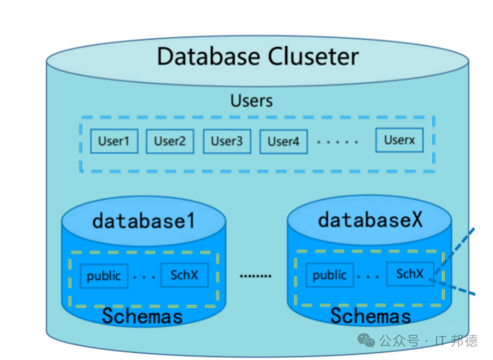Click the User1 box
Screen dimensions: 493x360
tap(114, 141)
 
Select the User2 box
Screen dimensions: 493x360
tap(170, 141)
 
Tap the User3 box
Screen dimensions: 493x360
tap(227, 141)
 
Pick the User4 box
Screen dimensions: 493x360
tap(283, 141)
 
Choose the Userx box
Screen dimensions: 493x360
tap(399, 140)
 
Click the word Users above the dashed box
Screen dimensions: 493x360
tap(252, 101)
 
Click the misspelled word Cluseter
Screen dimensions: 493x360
tap(313, 56)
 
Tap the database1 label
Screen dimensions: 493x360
tap(144, 221)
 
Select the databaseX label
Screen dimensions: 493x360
tap(370, 219)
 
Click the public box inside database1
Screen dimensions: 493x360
tap(104, 276)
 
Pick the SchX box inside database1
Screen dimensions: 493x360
tap(184, 275)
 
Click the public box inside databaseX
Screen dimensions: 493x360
tap(330, 275)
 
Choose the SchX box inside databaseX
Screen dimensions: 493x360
tap(410, 274)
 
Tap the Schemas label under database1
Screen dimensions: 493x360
tap(142, 316)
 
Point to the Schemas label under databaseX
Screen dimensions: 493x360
tap(370, 316)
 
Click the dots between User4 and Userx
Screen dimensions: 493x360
tap(337, 142)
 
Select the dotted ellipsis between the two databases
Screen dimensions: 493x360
tap(255, 276)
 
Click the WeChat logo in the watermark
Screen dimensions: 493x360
tap(366, 340)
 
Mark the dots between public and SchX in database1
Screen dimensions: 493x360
tap(144, 278)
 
